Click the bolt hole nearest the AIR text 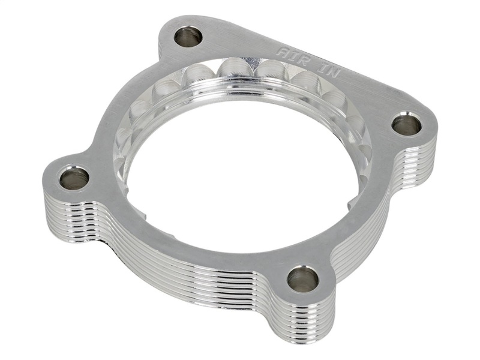187,37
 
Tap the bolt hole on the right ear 406,125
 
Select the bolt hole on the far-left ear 74,178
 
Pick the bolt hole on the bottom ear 302,279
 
